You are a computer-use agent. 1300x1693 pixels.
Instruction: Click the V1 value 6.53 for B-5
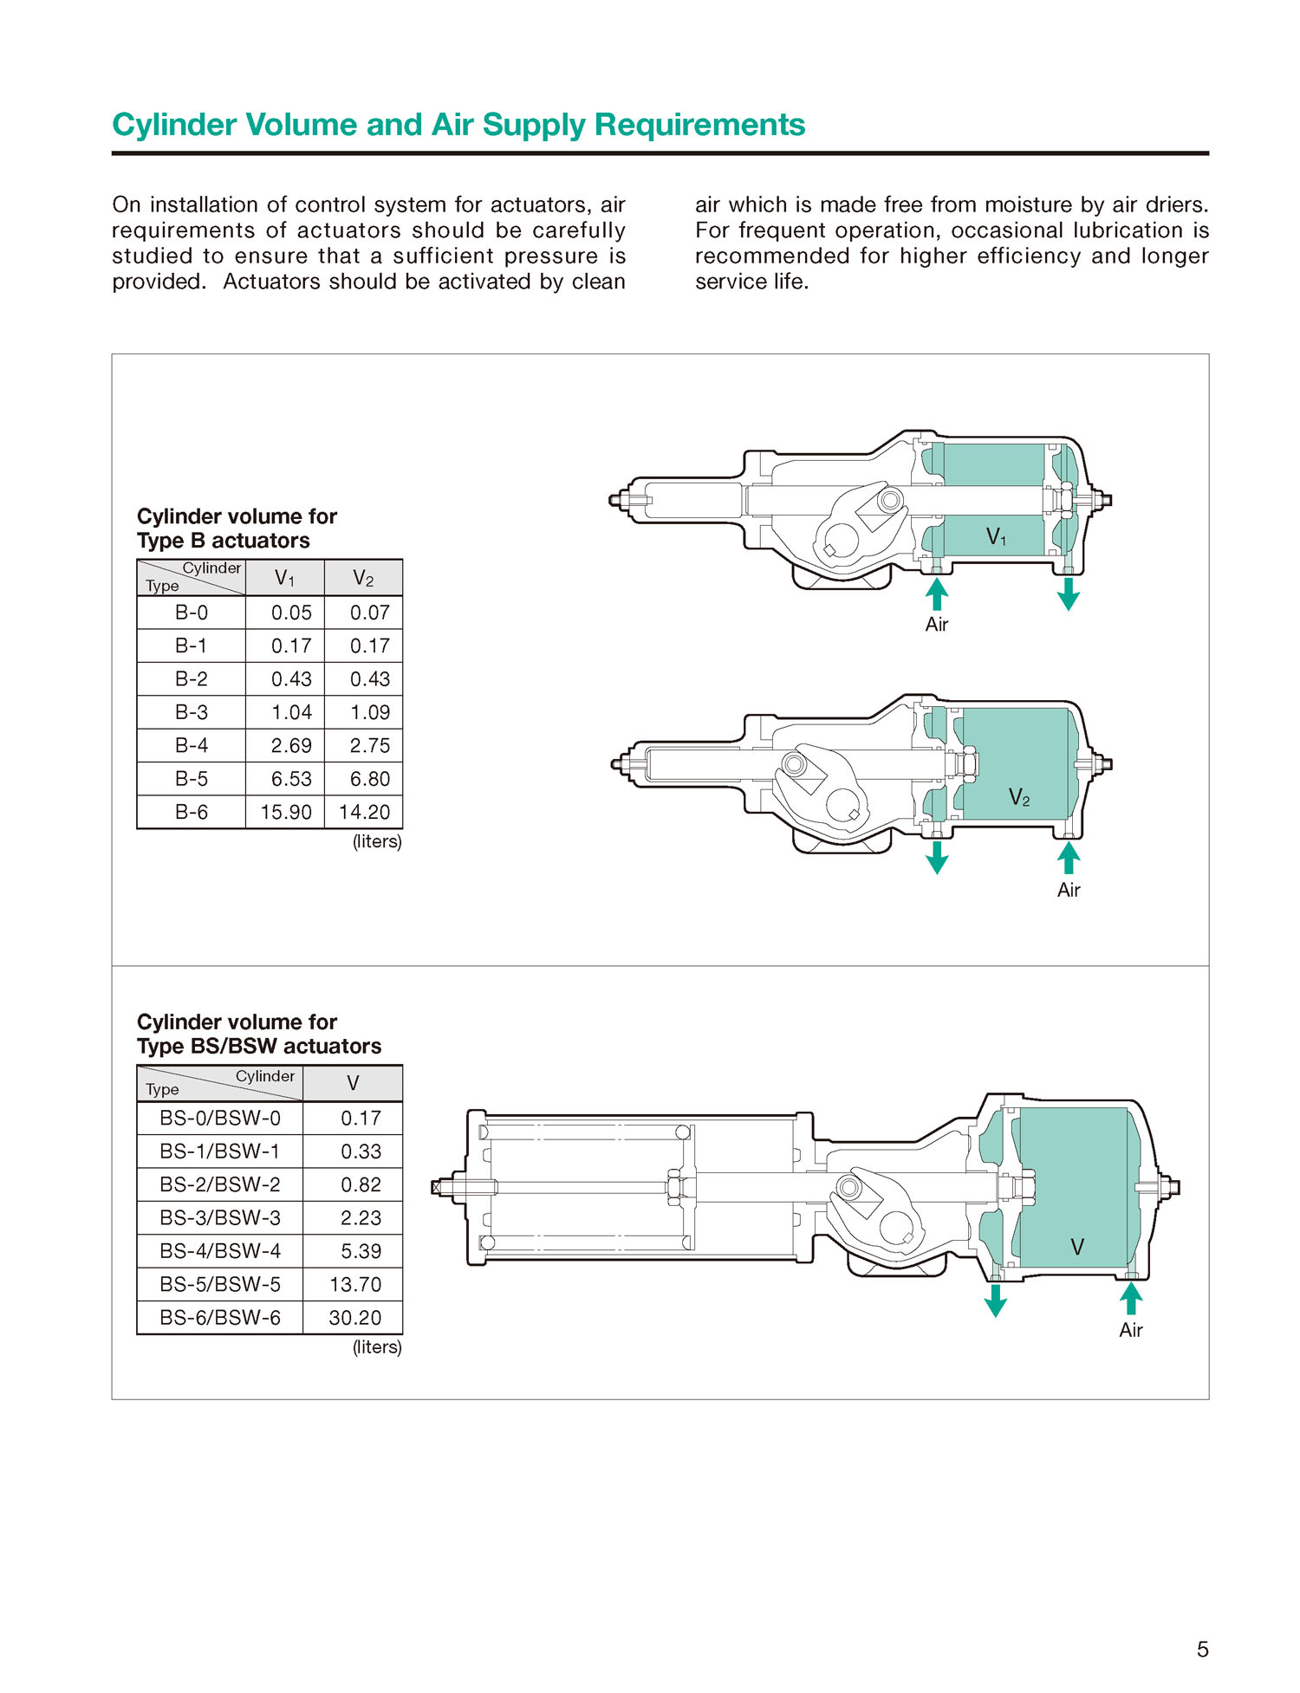[291, 779]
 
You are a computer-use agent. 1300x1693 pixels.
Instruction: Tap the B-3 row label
[192, 712]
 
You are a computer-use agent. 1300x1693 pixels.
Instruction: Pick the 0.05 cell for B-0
[291, 613]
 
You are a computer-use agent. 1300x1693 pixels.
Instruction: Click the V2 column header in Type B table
[363, 578]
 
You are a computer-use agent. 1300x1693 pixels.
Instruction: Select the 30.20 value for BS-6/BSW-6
[354, 1318]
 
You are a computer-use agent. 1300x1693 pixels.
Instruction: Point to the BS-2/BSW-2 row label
[220, 1184]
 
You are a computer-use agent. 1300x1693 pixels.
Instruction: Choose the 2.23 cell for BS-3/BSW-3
[361, 1218]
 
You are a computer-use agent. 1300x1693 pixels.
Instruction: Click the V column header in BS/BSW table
[353, 1083]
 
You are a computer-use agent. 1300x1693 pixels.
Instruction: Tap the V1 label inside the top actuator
[996, 537]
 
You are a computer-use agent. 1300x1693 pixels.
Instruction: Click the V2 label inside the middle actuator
[1019, 798]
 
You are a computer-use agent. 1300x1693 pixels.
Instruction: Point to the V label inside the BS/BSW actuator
[1077, 1247]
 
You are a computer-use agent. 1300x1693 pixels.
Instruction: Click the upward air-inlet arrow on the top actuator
[937, 594]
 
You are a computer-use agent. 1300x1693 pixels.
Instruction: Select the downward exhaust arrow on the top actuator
[1069, 594]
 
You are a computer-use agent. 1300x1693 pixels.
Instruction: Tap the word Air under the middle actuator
[1069, 890]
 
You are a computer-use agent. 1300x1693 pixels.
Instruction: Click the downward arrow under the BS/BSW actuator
[996, 1300]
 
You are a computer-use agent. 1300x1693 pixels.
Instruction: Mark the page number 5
[1202, 1650]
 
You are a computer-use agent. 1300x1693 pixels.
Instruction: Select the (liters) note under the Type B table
[377, 841]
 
